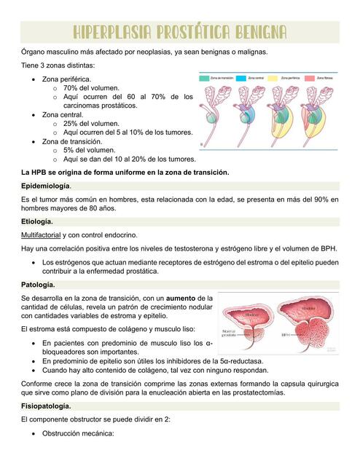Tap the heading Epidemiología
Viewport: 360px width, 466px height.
click(x=48, y=186)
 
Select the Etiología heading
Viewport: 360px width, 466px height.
click(x=37, y=221)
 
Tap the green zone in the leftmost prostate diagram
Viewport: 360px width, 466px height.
click(x=216, y=116)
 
